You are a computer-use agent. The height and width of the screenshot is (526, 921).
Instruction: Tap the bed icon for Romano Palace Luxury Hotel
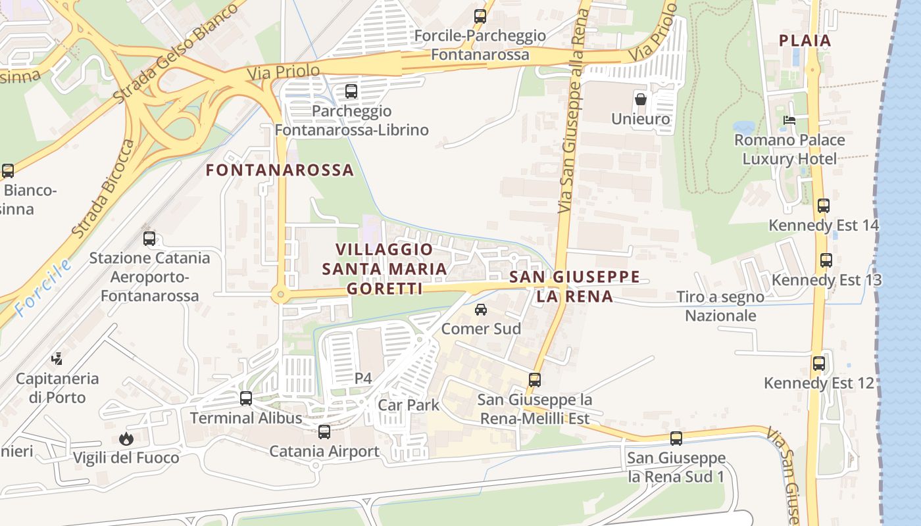[x=789, y=120]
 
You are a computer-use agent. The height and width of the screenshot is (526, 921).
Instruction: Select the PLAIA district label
[x=805, y=40]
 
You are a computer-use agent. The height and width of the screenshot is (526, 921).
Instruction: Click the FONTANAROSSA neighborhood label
[x=280, y=170]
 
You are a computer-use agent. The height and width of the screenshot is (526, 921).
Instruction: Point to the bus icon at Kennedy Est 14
[x=824, y=206]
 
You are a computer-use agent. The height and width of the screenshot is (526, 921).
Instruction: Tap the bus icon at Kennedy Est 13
[x=826, y=260]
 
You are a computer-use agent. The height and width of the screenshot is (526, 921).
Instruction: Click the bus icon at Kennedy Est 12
[x=819, y=364]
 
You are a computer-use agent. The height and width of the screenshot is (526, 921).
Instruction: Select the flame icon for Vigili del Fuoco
[x=126, y=439]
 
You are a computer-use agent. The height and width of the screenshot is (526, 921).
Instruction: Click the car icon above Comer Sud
[x=481, y=310]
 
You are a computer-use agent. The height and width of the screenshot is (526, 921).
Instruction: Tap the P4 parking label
[x=363, y=378]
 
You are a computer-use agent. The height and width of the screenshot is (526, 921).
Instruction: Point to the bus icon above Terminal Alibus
[x=246, y=398]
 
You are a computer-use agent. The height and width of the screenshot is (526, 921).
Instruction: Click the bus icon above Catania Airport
[x=324, y=432]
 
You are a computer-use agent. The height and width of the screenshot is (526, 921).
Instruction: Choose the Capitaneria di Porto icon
[x=57, y=359]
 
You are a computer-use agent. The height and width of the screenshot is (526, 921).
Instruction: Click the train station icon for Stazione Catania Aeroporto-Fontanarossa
[x=149, y=239]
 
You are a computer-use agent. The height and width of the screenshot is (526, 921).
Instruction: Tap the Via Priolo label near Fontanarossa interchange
[x=284, y=72]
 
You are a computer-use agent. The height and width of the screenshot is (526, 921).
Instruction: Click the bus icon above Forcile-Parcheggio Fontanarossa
[x=480, y=16]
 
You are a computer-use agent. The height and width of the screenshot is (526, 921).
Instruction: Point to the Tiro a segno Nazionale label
[x=720, y=306]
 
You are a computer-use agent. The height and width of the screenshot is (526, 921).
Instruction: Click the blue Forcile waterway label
[x=43, y=285]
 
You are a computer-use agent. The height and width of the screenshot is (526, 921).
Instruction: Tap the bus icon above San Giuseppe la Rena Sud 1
[x=676, y=439]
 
